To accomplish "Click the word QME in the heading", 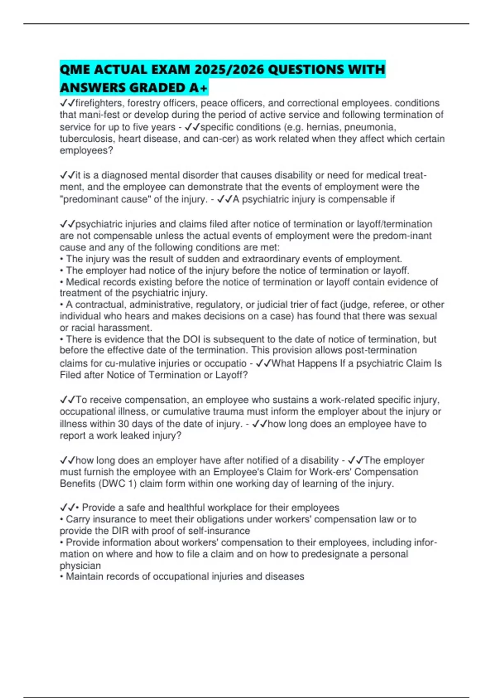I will [x=75, y=69].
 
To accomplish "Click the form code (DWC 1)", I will [x=117, y=484].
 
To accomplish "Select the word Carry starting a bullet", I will [x=78, y=519].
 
